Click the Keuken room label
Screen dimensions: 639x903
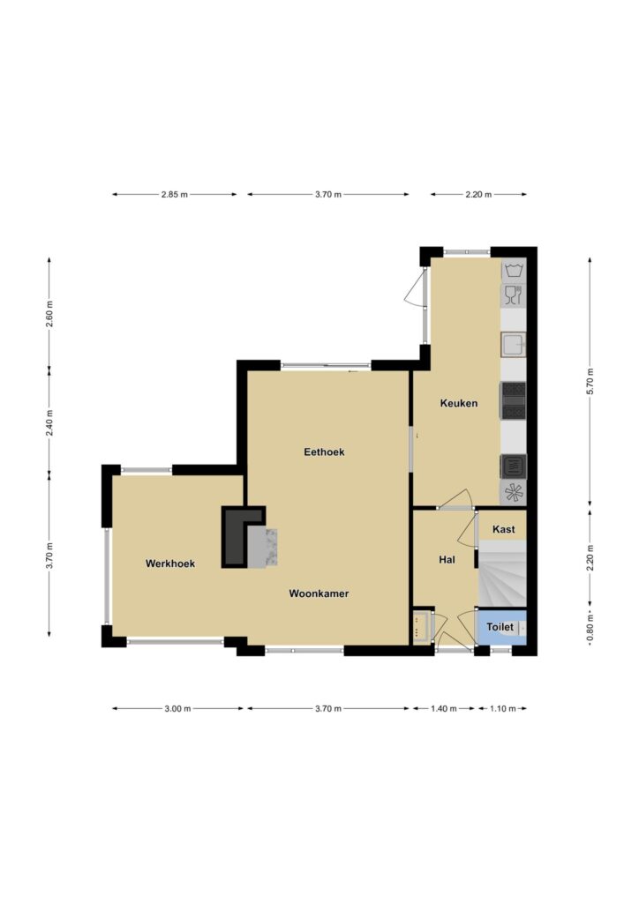[x=459, y=403]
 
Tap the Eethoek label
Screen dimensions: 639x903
[x=324, y=452]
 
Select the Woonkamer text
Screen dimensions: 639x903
[x=319, y=593]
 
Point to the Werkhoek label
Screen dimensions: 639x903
[x=170, y=563]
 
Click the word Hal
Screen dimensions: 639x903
[x=447, y=559]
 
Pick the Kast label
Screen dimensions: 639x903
[x=504, y=529]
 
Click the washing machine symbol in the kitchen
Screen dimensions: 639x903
[x=514, y=270]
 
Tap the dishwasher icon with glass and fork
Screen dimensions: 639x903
[x=514, y=295]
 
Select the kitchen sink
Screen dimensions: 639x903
[x=514, y=346]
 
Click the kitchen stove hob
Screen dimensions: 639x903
[x=514, y=401]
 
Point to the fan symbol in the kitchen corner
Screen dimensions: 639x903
[x=514, y=493]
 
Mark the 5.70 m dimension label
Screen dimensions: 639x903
[x=590, y=381]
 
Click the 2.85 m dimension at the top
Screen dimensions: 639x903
[x=174, y=195]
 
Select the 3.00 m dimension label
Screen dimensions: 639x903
[x=177, y=709]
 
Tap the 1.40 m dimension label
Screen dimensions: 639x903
[x=443, y=709]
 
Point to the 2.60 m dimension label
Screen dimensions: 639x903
[x=49, y=315]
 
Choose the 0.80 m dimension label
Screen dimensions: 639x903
[x=590, y=631]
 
